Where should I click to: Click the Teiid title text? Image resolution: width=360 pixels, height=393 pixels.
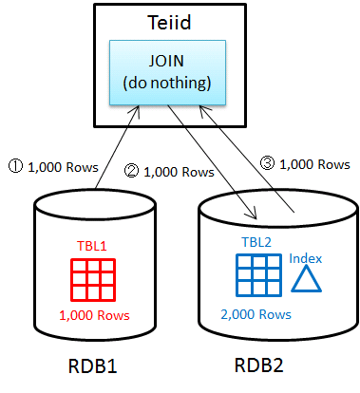click(x=169, y=23)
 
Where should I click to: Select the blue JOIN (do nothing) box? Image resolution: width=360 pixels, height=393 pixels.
click(x=167, y=72)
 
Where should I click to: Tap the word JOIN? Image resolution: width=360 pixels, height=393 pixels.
click(x=166, y=61)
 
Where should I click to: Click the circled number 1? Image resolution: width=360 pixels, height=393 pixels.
click(x=15, y=166)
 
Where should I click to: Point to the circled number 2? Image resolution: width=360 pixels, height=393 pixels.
click(x=131, y=171)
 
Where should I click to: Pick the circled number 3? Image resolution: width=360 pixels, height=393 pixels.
click(x=267, y=163)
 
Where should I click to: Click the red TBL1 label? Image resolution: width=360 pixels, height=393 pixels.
click(x=92, y=246)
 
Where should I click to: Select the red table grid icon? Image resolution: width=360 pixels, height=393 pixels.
click(x=93, y=280)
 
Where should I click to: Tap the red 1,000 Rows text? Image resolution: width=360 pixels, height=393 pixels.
click(x=94, y=315)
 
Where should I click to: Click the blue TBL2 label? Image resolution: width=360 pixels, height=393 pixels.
click(x=256, y=242)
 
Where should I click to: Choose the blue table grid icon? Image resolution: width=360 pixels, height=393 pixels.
click(x=258, y=275)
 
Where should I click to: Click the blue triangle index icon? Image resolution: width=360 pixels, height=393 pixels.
click(x=306, y=278)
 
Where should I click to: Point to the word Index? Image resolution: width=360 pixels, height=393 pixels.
click(x=306, y=258)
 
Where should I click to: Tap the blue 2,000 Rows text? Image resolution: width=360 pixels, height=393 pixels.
click(x=256, y=314)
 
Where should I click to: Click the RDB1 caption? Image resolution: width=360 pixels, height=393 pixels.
click(x=93, y=366)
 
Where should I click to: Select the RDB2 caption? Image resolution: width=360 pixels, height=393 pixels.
click(x=259, y=365)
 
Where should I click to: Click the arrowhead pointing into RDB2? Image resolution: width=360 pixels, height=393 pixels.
click(x=252, y=215)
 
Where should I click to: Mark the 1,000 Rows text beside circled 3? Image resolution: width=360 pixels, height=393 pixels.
click(x=314, y=164)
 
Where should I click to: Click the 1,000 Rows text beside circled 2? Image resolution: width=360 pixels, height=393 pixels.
click(x=179, y=172)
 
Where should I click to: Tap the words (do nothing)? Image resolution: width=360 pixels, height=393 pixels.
click(x=167, y=83)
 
